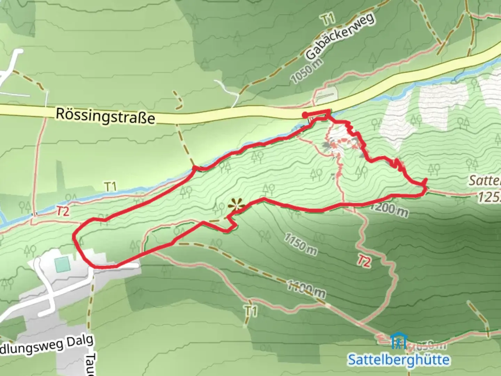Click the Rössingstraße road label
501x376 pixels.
[x=105, y=116]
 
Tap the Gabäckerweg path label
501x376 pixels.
[x=340, y=36]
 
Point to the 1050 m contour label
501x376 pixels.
[x=307, y=71]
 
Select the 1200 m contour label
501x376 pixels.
[x=389, y=209]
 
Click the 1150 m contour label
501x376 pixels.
[x=301, y=244]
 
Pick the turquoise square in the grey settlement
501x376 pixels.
[x=63, y=264]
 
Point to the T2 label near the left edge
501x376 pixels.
[x=63, y=211]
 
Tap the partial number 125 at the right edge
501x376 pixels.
[x=489, y=197]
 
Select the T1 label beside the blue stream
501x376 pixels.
[x=110, y=187]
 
